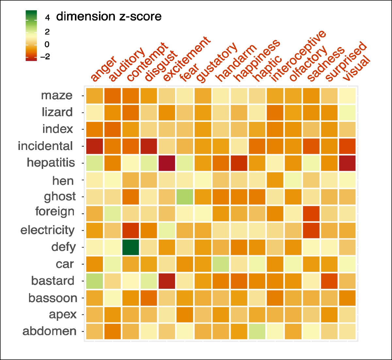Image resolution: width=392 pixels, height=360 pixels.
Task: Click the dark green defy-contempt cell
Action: tap(131, 247)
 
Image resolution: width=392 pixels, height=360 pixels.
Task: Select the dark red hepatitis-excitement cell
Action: tap(167, 163)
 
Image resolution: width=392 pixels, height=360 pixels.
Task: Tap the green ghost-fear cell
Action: tap(185, 196)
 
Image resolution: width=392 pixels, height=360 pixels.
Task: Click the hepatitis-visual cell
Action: tap(347, 163)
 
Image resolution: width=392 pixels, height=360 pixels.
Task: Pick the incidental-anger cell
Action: tap(94, 146)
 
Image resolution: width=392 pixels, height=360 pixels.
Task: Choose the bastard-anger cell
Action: tap(94, 281)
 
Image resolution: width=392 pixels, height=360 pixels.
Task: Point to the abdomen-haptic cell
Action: tap(257, 331)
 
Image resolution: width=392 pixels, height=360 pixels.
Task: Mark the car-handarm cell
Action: tap(221, 264)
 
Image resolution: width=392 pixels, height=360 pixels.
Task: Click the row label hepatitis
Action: tap(51, 163)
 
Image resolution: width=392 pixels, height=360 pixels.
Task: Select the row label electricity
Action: tap(48, 230)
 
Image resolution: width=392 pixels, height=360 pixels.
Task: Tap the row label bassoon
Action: tap(53, 298)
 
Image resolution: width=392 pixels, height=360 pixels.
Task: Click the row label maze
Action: tap(57, 95)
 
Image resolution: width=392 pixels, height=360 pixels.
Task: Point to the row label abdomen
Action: tap(49, 331)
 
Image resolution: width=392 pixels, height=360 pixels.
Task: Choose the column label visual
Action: tap(357, 68)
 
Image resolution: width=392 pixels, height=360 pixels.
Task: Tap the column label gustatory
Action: tap(217, 62)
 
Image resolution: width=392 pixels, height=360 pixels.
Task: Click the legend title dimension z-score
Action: tap(109, 16)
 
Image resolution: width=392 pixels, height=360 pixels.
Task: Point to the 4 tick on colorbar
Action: tap(47, 18)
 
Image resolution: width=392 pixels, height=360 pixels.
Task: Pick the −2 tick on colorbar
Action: tap(45, 57)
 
